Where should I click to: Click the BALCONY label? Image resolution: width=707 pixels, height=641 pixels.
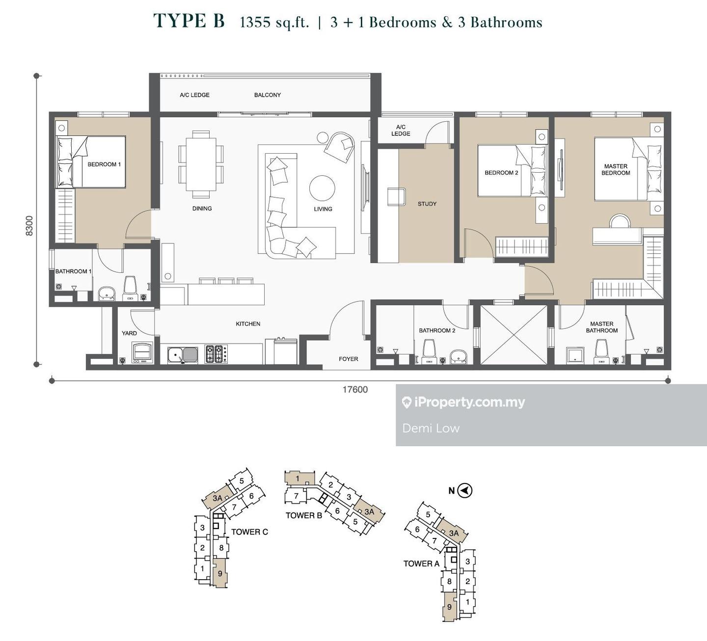click(268, 95)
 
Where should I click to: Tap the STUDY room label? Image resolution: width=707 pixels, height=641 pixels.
click(427, 204)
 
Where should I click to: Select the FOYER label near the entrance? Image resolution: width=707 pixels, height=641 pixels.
click(348, 359)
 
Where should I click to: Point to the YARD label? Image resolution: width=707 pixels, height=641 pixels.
click(129, 333)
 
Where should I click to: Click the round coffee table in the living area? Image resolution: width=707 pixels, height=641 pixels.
click(322, 188)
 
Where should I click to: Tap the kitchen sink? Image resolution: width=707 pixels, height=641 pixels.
click(183, 354)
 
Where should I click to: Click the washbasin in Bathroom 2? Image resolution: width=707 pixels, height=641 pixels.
click(459, 357)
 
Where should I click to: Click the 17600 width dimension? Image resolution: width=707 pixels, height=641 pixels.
click(355, 389)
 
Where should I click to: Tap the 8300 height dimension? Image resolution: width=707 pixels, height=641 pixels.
click(29, 226)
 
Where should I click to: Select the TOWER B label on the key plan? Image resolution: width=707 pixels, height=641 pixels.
click(304, 515)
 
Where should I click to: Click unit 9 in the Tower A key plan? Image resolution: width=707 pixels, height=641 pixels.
click(449, 607)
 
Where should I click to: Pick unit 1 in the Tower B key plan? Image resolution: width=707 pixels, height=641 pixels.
click(299, 478)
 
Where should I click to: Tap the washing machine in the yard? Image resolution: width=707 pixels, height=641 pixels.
click(143, 352)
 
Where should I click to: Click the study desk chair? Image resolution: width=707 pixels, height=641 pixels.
click(396, 197)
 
